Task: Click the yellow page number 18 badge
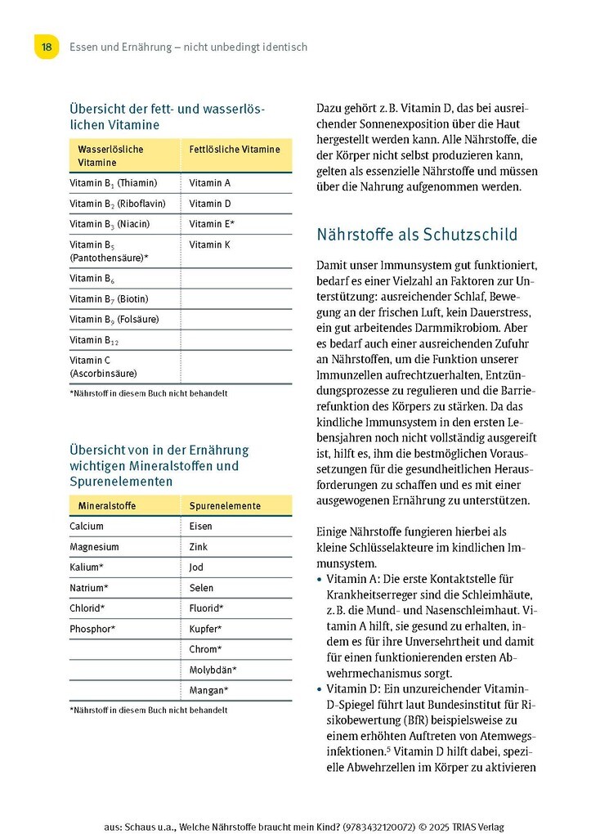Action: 47,47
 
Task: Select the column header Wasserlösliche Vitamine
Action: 110,156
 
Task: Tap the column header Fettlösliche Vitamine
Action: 234,150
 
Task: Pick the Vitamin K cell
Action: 209,244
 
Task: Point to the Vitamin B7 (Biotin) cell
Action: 109,299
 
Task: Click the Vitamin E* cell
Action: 212,224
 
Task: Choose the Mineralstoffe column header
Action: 107,506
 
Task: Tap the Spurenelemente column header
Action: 225,506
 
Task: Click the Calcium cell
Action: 87,527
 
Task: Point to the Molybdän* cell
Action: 213,670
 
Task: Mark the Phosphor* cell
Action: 92,629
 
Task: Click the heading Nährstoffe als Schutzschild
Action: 416,235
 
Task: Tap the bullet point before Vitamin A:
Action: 319,578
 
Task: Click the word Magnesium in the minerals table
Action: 94,547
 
